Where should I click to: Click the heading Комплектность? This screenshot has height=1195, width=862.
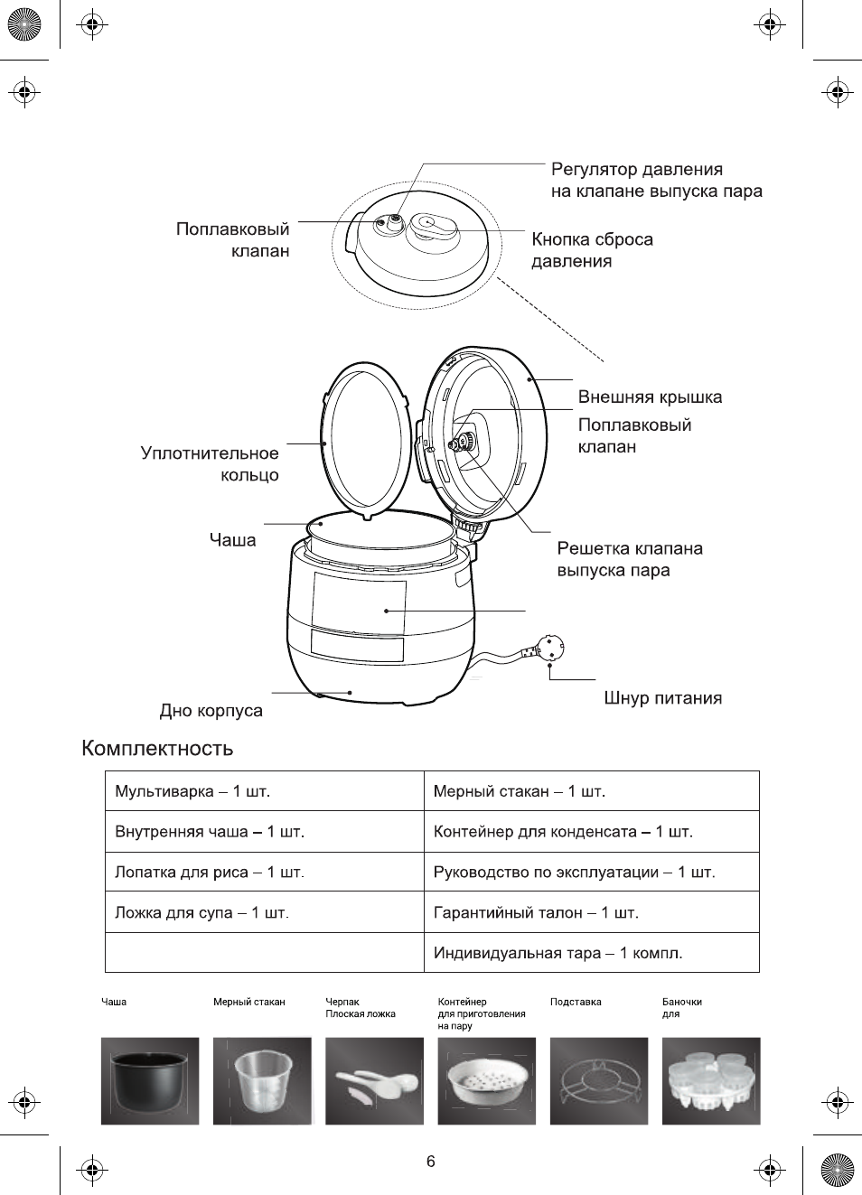coord(157,748)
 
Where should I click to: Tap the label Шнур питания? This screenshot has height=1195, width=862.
coord(662,698)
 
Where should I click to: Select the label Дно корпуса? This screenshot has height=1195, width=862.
coord(211,711)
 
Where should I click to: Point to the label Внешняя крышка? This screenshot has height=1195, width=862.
coord(650,397)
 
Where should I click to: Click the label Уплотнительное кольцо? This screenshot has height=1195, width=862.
coord(210,464)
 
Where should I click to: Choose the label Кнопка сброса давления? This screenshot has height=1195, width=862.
coord(592,250)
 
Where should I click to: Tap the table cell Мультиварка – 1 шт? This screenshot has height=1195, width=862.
coord(192,791)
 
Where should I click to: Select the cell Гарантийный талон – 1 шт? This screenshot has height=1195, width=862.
coord(536,912)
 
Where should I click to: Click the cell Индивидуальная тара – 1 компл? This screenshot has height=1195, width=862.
coord(557,953)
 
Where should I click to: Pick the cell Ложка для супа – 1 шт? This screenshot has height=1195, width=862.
coord(201,912)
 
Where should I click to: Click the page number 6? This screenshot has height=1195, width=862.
coord(431,1162)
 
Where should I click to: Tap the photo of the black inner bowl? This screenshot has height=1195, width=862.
coord(150,1080)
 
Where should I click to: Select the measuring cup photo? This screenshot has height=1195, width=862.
coord(262,1080)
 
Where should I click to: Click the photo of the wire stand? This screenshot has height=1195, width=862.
coord(599,1080)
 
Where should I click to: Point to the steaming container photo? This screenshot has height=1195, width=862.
coord(486,1080)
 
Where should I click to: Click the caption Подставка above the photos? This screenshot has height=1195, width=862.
coord(576,1002)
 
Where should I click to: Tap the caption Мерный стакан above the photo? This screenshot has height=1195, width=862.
coord(248,1002)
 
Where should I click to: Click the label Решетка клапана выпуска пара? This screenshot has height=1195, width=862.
coord(629,559)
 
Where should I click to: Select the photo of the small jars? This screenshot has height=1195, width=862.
coord(711,1080)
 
